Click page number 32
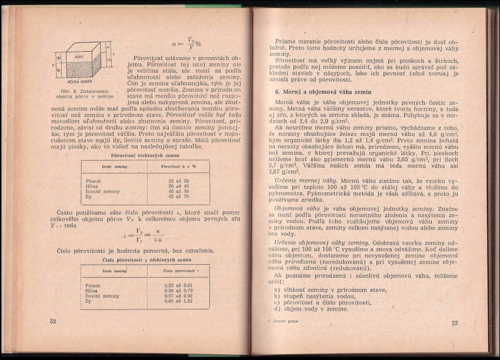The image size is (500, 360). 53,321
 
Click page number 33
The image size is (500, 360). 454,323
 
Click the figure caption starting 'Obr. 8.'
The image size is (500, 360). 81,94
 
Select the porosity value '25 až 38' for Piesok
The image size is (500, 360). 178,181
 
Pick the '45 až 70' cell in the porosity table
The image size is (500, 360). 178,196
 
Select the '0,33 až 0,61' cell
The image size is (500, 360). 179,285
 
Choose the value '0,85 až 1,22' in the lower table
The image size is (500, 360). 179,301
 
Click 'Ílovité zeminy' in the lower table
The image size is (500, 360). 102,296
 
